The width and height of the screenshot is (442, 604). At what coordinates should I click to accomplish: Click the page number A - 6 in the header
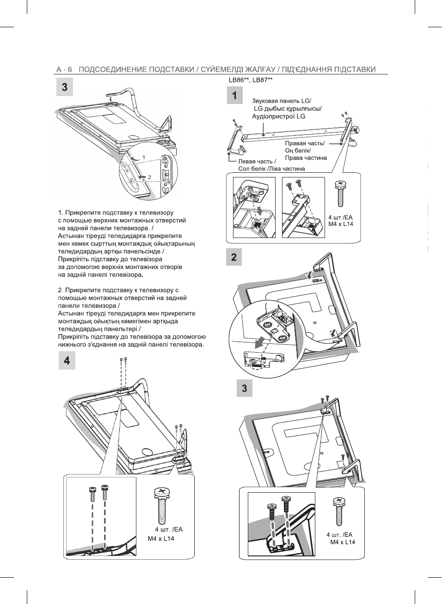point(64,70)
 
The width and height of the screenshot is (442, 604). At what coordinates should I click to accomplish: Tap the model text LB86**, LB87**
point(251,80)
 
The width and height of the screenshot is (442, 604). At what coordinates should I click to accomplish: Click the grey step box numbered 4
point(67,360)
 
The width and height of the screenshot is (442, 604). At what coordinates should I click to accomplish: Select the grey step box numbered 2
point(234,257)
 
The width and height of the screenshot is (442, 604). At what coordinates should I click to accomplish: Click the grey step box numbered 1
point(234,96)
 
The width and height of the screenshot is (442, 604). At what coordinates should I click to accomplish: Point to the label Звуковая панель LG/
point(281,101)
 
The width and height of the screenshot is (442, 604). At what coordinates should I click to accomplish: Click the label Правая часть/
point(305,143)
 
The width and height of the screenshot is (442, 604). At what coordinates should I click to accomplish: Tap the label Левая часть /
point(257,161)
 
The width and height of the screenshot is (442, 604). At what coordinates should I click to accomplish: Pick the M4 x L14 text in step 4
point(161,538)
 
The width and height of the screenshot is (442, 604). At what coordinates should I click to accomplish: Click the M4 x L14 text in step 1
point(341,224)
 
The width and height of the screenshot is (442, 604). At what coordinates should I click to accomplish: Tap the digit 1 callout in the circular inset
point(143,157)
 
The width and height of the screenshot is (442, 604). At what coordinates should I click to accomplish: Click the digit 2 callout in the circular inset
point(149,177)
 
